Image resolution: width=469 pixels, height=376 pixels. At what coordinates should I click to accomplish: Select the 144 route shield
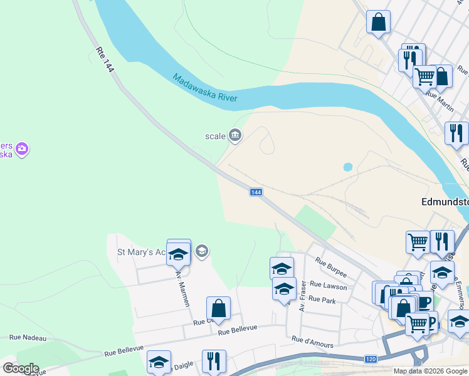click(255, 192)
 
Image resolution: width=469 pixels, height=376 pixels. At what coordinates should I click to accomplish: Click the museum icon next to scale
click(235, 135)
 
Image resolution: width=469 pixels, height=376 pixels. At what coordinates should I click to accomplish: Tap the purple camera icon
click(22, 149)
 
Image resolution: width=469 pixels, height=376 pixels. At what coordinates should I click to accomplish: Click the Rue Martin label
click(440, 99)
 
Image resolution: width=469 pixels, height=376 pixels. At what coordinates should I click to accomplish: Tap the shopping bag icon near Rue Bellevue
click(218, 308)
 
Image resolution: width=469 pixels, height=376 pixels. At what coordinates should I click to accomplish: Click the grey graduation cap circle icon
click(201, 252)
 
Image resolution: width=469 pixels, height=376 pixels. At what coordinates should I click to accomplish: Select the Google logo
click(20, 368)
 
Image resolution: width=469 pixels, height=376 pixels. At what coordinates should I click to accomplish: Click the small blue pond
click(347, 167)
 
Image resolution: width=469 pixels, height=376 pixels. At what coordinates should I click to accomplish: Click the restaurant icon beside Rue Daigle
click(214, 361)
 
